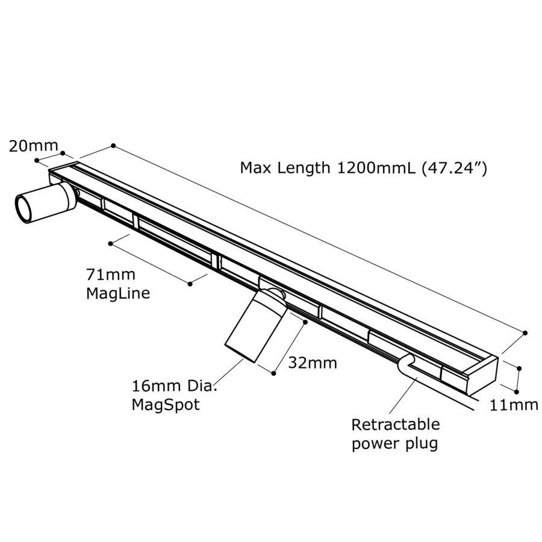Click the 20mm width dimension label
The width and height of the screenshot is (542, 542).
[33, 145]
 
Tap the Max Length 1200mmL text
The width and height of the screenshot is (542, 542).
[328, 167]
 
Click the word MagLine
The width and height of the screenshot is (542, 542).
[117, 294]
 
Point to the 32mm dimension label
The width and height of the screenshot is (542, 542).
[312, 363]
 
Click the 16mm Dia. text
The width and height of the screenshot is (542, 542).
[174, 386]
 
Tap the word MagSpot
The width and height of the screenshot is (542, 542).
[166, 405]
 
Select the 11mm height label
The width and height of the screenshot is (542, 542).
[514, 405]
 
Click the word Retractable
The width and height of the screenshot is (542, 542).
[396, 425]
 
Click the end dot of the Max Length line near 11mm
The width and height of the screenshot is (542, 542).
[526, 332]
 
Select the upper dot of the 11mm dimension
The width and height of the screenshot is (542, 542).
[519, 367]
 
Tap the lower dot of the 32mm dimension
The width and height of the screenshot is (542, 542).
[274, 373]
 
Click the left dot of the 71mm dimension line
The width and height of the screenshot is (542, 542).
[111, 243]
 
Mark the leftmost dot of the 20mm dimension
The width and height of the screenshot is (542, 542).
[37, 160]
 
